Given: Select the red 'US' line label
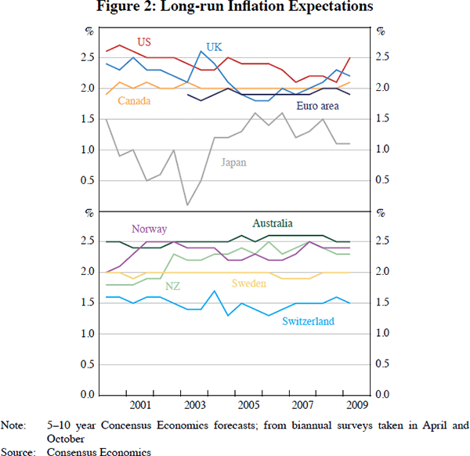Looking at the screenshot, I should [x=144, y=42].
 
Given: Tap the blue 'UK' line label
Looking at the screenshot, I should [x=215, y=47].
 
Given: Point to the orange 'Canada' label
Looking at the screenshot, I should [x=135, y=101].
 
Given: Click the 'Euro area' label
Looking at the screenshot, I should [x=317, y=106].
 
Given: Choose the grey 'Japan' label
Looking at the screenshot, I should [x=233, y=162].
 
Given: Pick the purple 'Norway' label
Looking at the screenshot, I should [x=149, y=229].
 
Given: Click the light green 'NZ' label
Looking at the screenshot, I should [x=172, y=287].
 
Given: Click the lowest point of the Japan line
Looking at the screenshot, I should [x=187, y=205].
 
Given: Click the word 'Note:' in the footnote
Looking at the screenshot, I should [x=13, y=426].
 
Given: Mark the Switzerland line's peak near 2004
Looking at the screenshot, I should [x=214, y=291].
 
